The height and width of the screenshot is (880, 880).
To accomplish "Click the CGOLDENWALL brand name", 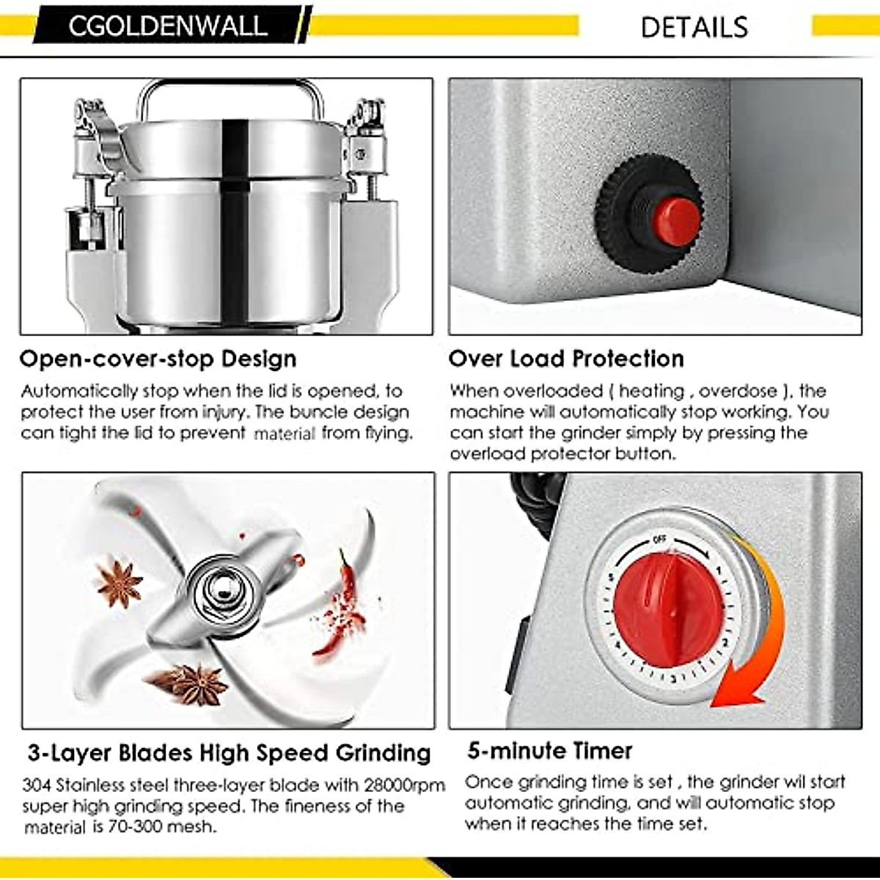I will (x=167, y=26).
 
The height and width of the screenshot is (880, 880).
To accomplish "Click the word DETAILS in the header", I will (x=694, y=27).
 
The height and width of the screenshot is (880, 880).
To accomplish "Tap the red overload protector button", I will (x=675, y=221).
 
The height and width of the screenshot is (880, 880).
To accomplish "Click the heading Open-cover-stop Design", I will (x=158, y=359).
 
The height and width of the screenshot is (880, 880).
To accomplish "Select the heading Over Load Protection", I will (x=565, y=359).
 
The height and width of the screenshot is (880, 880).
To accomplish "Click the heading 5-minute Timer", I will (x=549, y=750).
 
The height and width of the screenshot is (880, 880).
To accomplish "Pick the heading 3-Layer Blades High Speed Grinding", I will (x=229, y=752).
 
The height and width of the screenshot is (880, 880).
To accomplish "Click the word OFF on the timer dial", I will (x=659, y=540).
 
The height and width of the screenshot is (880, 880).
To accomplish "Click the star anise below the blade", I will (x=191, y=682).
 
